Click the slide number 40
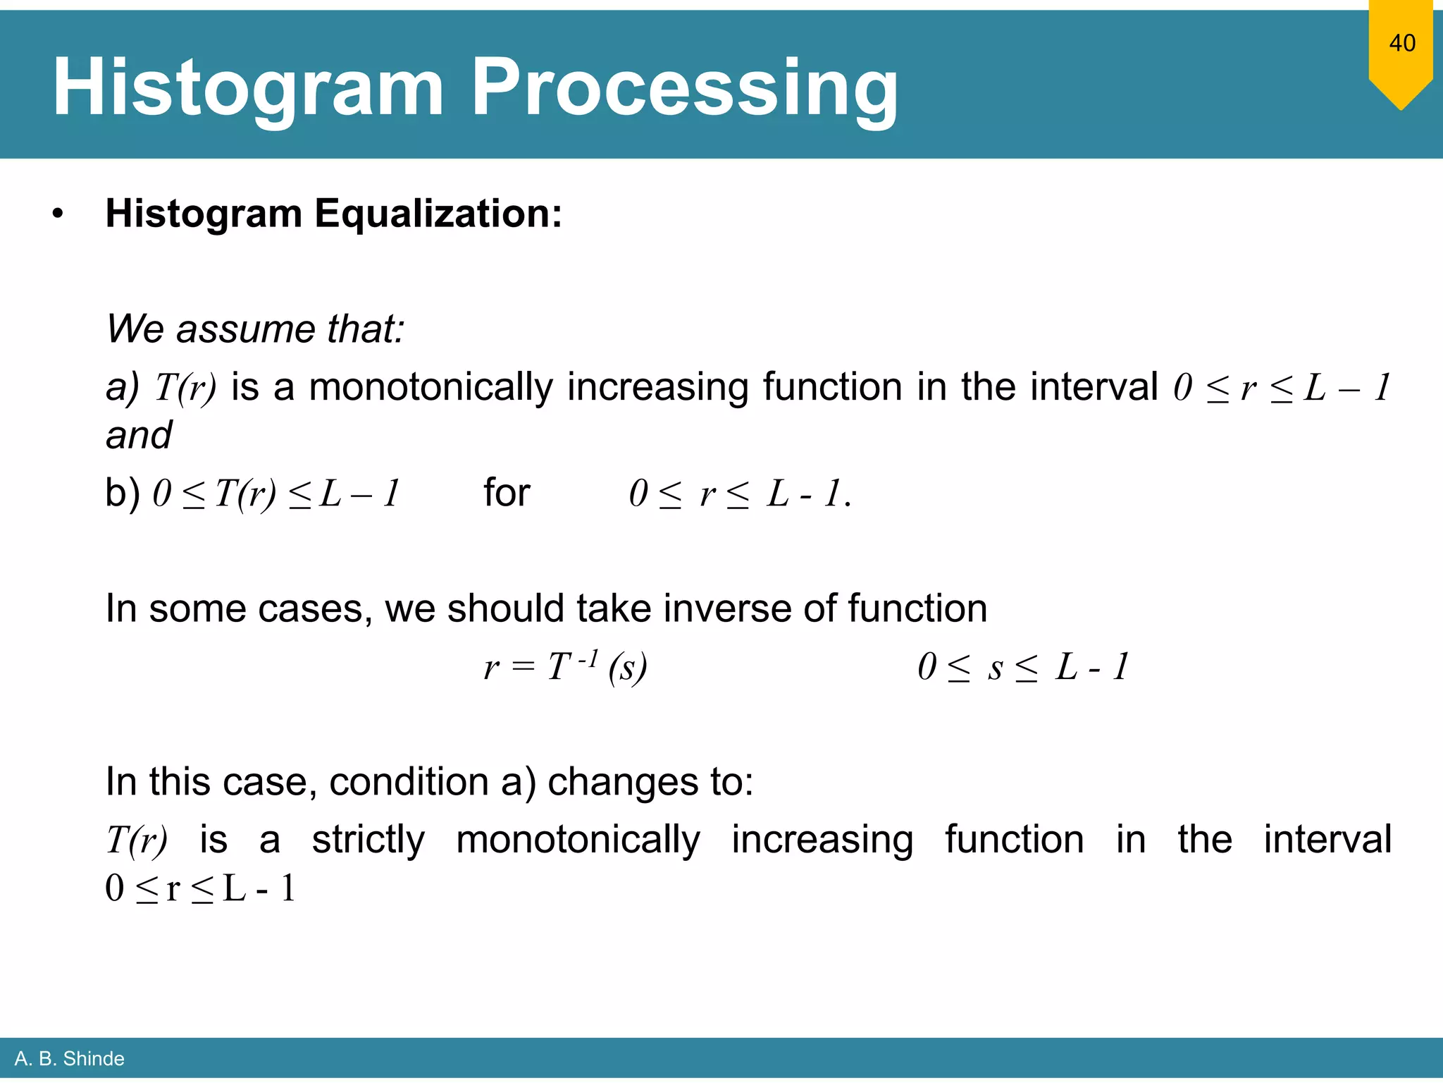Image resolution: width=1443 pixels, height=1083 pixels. [1401, 43]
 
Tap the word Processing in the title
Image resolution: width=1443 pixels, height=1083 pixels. [684, 88]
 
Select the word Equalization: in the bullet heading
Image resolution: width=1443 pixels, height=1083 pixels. [438, 213]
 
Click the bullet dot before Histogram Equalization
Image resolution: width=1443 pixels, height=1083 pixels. [58, 214]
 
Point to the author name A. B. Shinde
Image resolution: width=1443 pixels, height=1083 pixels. [69, 1058]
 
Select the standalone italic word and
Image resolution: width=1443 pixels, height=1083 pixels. [138, 435]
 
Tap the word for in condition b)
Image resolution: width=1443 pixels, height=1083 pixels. [506, 492]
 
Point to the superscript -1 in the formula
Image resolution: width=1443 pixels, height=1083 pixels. [588, 659]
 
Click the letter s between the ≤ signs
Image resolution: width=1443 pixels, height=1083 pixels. [995, 668]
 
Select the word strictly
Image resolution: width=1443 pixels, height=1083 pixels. [368, 840]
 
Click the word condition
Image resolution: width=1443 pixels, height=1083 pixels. [409, 782]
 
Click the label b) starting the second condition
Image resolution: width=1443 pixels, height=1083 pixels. [122, 492]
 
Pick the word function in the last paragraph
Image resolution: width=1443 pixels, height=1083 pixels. [1013, 840]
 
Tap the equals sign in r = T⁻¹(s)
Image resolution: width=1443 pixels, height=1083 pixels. [524, 667]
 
